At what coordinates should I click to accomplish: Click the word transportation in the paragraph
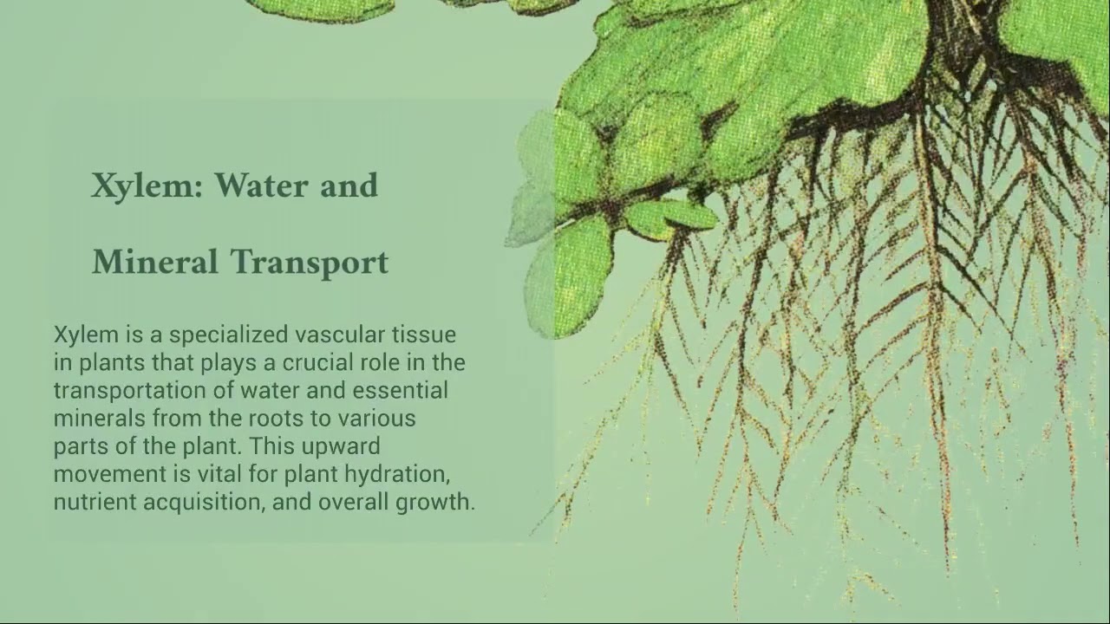(x=121, y=391)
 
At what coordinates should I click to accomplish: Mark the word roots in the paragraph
(x=278, y=419)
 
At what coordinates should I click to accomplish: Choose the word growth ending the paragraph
(x=435, y=503)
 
